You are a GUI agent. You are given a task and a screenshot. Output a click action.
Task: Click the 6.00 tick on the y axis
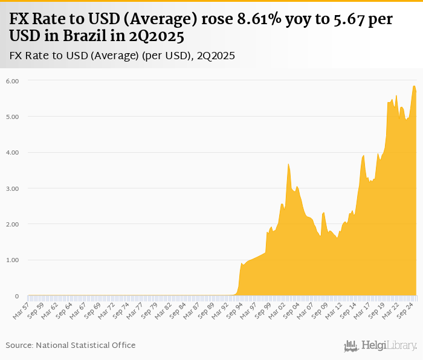click(13, 80)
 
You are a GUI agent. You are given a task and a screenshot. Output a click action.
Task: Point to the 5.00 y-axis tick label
click(13, 116)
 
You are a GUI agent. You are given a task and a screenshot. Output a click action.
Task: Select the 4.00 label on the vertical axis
click(13, 152)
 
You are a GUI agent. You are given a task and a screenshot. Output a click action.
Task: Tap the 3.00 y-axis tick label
click(13, 188)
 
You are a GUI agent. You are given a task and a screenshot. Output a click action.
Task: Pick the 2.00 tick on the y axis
click(13, 224)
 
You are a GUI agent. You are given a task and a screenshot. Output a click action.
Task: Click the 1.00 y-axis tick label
click(13, 260)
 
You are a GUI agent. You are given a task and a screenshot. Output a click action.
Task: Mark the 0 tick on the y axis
click(17, 296)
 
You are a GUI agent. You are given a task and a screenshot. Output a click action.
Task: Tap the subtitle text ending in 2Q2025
click(123, 56)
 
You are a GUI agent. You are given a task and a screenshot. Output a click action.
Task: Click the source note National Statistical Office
click(70, 345)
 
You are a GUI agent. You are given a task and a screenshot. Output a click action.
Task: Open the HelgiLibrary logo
click(380, 346)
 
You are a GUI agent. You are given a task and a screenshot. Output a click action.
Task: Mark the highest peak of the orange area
click(414, 86)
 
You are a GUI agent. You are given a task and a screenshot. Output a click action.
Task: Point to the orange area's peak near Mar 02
click(289, 164)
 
